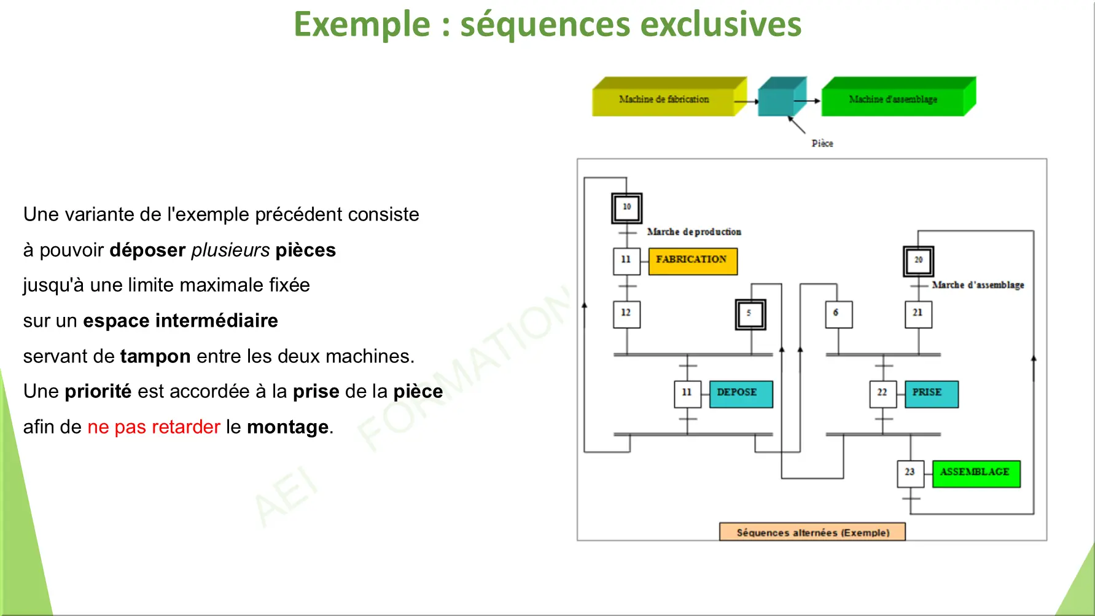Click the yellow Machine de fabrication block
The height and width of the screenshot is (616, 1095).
[664, 99]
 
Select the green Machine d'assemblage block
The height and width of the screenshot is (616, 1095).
[893, 99]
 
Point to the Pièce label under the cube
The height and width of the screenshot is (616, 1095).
[822, 143]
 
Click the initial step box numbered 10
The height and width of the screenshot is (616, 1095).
[626, 208]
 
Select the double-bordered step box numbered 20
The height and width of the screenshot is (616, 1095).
[918, 260]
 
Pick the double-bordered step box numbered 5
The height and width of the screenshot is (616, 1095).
[750, 314]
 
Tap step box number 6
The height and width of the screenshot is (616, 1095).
[838, 314]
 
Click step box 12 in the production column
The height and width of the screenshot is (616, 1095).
[626, 314]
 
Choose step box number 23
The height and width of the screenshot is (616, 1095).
[910, 473]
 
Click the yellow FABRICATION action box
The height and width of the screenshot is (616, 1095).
[692, 260]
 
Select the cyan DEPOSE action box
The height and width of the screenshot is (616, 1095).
[740, 393]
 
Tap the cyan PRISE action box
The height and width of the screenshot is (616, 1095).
[930, 393]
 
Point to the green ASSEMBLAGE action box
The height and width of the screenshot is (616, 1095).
[975, 473]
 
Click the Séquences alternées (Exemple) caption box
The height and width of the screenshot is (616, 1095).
[812, 532]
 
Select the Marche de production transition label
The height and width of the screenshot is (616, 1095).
[694, 232]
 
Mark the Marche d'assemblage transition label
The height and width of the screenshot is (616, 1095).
[978, 285]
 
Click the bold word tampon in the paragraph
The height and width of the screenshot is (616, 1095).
[155, 356]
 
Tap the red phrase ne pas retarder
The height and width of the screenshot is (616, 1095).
[154, 427]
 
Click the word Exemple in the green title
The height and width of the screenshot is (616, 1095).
[362, 25]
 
